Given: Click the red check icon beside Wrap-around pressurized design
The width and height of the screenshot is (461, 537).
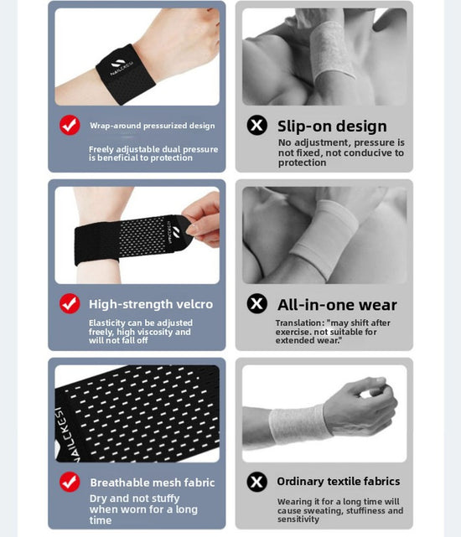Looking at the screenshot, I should (70, 126).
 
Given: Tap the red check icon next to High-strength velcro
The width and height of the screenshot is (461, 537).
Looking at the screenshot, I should (70, 303).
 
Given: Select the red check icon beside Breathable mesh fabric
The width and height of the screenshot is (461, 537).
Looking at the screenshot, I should (70, 482).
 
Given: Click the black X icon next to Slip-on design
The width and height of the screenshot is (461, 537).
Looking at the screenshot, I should (256, 126).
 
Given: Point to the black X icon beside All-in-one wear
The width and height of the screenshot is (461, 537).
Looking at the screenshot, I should (256, 303).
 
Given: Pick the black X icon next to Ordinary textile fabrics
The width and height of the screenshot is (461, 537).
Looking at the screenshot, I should (256, 481).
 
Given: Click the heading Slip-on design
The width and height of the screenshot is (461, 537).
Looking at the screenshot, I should (332, 127).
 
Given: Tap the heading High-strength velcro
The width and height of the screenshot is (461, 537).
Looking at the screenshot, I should (151, 304).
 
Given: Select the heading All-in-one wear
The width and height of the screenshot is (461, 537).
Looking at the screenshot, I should (337, 305).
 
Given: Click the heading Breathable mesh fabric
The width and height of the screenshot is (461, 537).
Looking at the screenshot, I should (153, 483).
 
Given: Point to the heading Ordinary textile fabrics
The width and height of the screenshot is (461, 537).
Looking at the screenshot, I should (338, 481).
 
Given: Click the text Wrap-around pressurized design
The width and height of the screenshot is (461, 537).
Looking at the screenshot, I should (153, 126).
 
